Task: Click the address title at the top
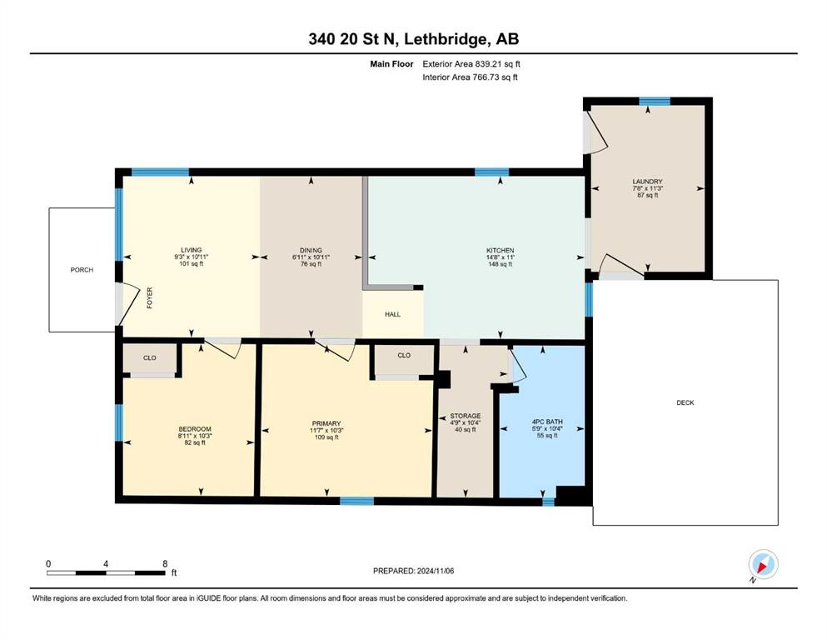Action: pyautogui.click(x=413, y=39)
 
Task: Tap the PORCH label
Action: pyautogui.click(x=82, y=270)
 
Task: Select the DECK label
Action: pyautogui.click(x=685, y=402)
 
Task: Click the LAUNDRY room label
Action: pyautogui.click(x=647, y=182)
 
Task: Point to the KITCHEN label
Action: pyautogui.click(x=500, y=251)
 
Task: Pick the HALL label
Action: pyautogui.click(x=392, y=314)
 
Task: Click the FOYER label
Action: pyautogui.click(x=150, y=298)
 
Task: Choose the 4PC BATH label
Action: pyautogui.click(x=547, y=422)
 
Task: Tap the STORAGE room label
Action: pyautogui.click(x=466, y=416)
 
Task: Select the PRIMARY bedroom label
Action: pyautogui.click(x=326, y=423)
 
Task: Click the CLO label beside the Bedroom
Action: pyautogui.click(x=150, y=357)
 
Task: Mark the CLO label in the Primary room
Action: pyautogui.click(x=404, y=355)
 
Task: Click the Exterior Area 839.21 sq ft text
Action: pyautogui.click(x=471, y=64)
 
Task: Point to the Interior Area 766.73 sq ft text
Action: pyautogui.click(x=470, y=77)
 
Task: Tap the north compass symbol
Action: pyautogui.click(x=763, y=565)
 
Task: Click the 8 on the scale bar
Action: pyautogui.click(x=165, y=563)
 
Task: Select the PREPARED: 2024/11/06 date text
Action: pyautogui.click(x=413, y=571)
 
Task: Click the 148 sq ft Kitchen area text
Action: pyautogui.click(x=500, y=264)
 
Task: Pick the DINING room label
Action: pyautogui.click(x=311, y=251)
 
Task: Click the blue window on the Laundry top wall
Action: pyautogui.click(x=655, y=102)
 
